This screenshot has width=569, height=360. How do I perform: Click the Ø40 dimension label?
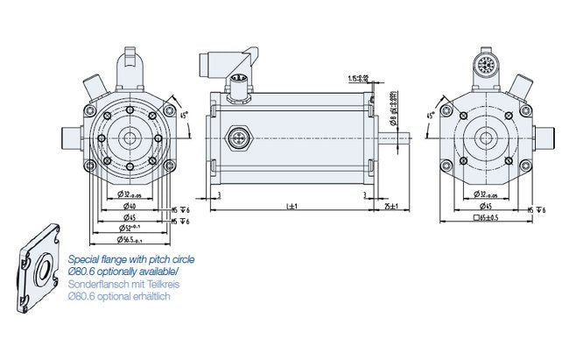129,207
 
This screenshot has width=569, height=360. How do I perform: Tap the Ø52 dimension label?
130,228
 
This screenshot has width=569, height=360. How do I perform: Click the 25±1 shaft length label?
390,206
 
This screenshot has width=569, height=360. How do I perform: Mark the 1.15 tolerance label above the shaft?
358,78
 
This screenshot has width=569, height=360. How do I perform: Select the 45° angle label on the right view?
431,116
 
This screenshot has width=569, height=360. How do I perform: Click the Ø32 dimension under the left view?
129,194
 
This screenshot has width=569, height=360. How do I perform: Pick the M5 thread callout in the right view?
537,210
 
